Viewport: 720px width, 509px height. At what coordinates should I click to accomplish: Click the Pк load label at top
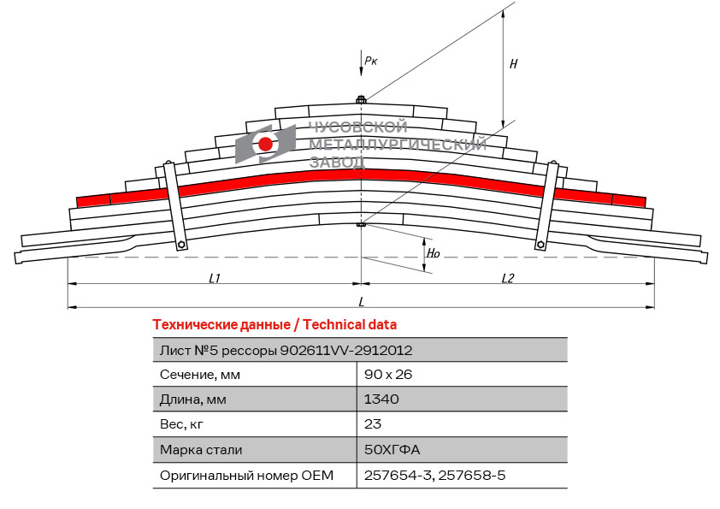pyautogui.click(x=370, y=60)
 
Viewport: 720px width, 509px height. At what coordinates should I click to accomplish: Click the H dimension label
pyautogui.click(x=513, y=63)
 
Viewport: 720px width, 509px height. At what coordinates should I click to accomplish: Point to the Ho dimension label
pyautogui.click(x=434, y=253)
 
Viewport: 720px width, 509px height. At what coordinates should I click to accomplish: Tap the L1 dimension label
pyautogui.click(x=215, y=278)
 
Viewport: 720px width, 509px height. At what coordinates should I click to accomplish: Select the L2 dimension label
pyautogui.click(x=507, y=278)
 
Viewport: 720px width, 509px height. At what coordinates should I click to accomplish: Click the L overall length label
pyautogui.click(x=361, y=301)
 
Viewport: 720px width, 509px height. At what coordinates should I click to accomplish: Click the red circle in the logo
pyautogui.click(x=266, y=144)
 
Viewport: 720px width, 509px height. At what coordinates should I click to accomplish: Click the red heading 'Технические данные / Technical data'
pyautogui.click(x=274, y=325)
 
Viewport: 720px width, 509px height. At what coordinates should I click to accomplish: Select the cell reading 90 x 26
pyautogui.click(x=389, y=375)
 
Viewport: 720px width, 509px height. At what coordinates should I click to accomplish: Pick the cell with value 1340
pyautogui.click(x=381, y=400)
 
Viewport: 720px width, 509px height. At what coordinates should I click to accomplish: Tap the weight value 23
pyautogui.click(x=373, y=424)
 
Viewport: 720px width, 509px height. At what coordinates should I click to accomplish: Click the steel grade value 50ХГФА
pyautogui.click(x=392, y=450)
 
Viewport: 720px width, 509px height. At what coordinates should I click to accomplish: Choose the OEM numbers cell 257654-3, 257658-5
pyautogui.click(x=434, y=475)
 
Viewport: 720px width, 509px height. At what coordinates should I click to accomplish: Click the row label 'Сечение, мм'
pyautogui.click(x=200, y=375)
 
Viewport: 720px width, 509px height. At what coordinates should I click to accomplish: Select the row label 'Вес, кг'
pyautogui.click(x=182, y=424)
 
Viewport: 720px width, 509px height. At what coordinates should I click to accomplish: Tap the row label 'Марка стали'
pyautogui.click(x=201, y=450)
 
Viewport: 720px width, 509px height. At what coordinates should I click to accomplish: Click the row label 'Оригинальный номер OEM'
pyautogui.click(x=246, y=475)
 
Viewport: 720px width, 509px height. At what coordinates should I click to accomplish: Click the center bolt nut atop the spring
pyautogui.click(x=361, y=101)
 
